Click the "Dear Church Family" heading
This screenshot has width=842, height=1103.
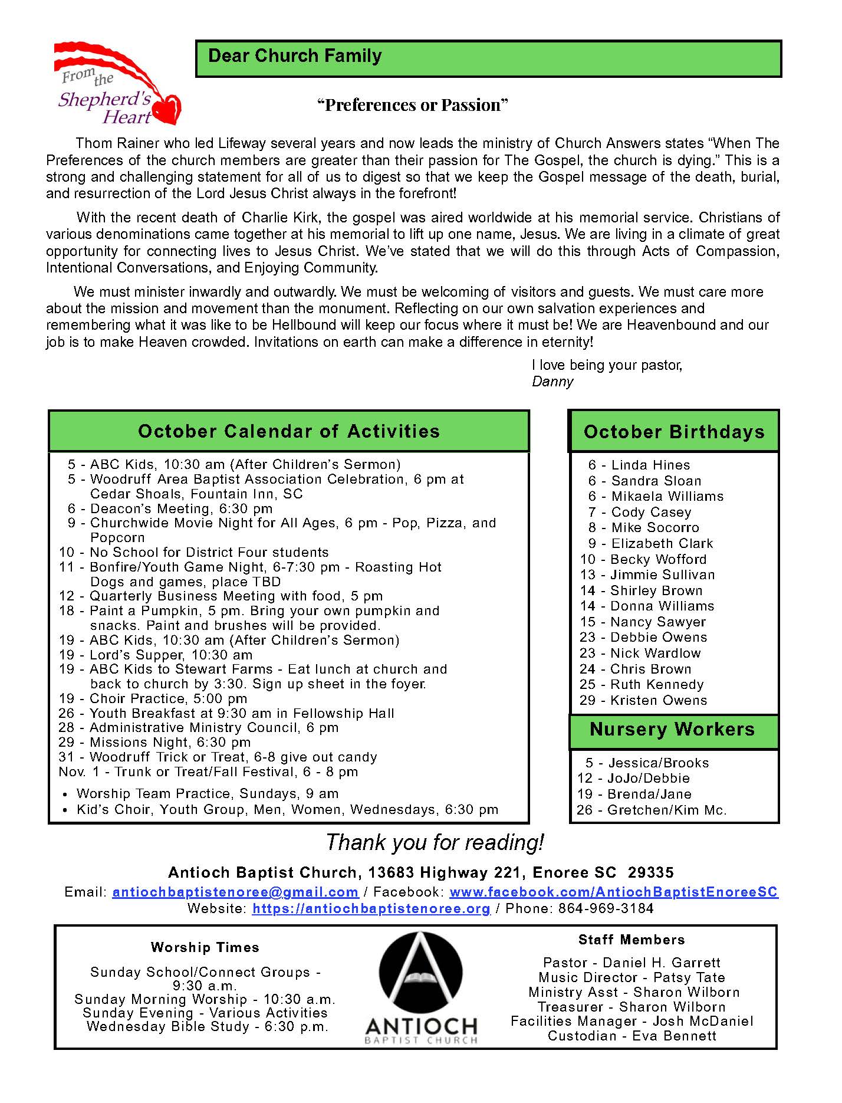[x=295, y=56]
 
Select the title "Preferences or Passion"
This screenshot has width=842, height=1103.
[x=413, y=105]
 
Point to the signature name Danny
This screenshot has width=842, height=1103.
[x=552, y=382]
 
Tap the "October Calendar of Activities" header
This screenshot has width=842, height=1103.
[x=289, y=431]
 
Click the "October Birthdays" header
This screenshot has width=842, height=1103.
[x=674, y=432]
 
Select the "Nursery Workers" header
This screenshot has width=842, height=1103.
[x=672, y=730]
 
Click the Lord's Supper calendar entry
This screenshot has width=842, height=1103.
[x=156, y=655]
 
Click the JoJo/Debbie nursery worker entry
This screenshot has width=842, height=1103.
[x=634, y=778]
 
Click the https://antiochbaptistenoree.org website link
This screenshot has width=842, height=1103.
[x=371, y=908]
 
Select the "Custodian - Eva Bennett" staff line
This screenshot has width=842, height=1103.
[x=632, y=1036]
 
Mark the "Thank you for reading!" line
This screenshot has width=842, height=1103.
[x=435, y=842]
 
